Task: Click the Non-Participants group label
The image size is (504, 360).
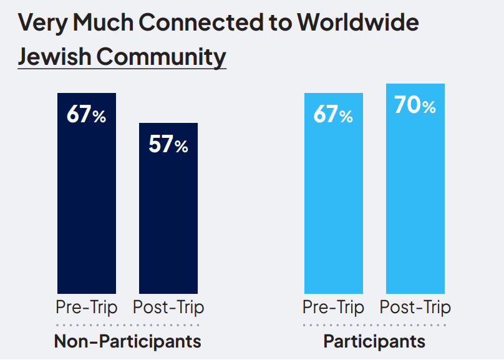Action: [128, 342]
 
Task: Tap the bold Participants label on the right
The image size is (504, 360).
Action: [374, 342]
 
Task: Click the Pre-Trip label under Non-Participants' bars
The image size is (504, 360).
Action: [87, 308]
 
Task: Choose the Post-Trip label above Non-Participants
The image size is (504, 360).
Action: [168, 308]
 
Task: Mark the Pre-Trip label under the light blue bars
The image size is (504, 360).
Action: [334, 308]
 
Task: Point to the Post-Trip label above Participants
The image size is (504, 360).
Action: [415, 308]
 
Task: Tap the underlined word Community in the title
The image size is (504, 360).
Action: [162, 56]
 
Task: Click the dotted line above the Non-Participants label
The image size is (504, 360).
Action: [128, 325]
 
